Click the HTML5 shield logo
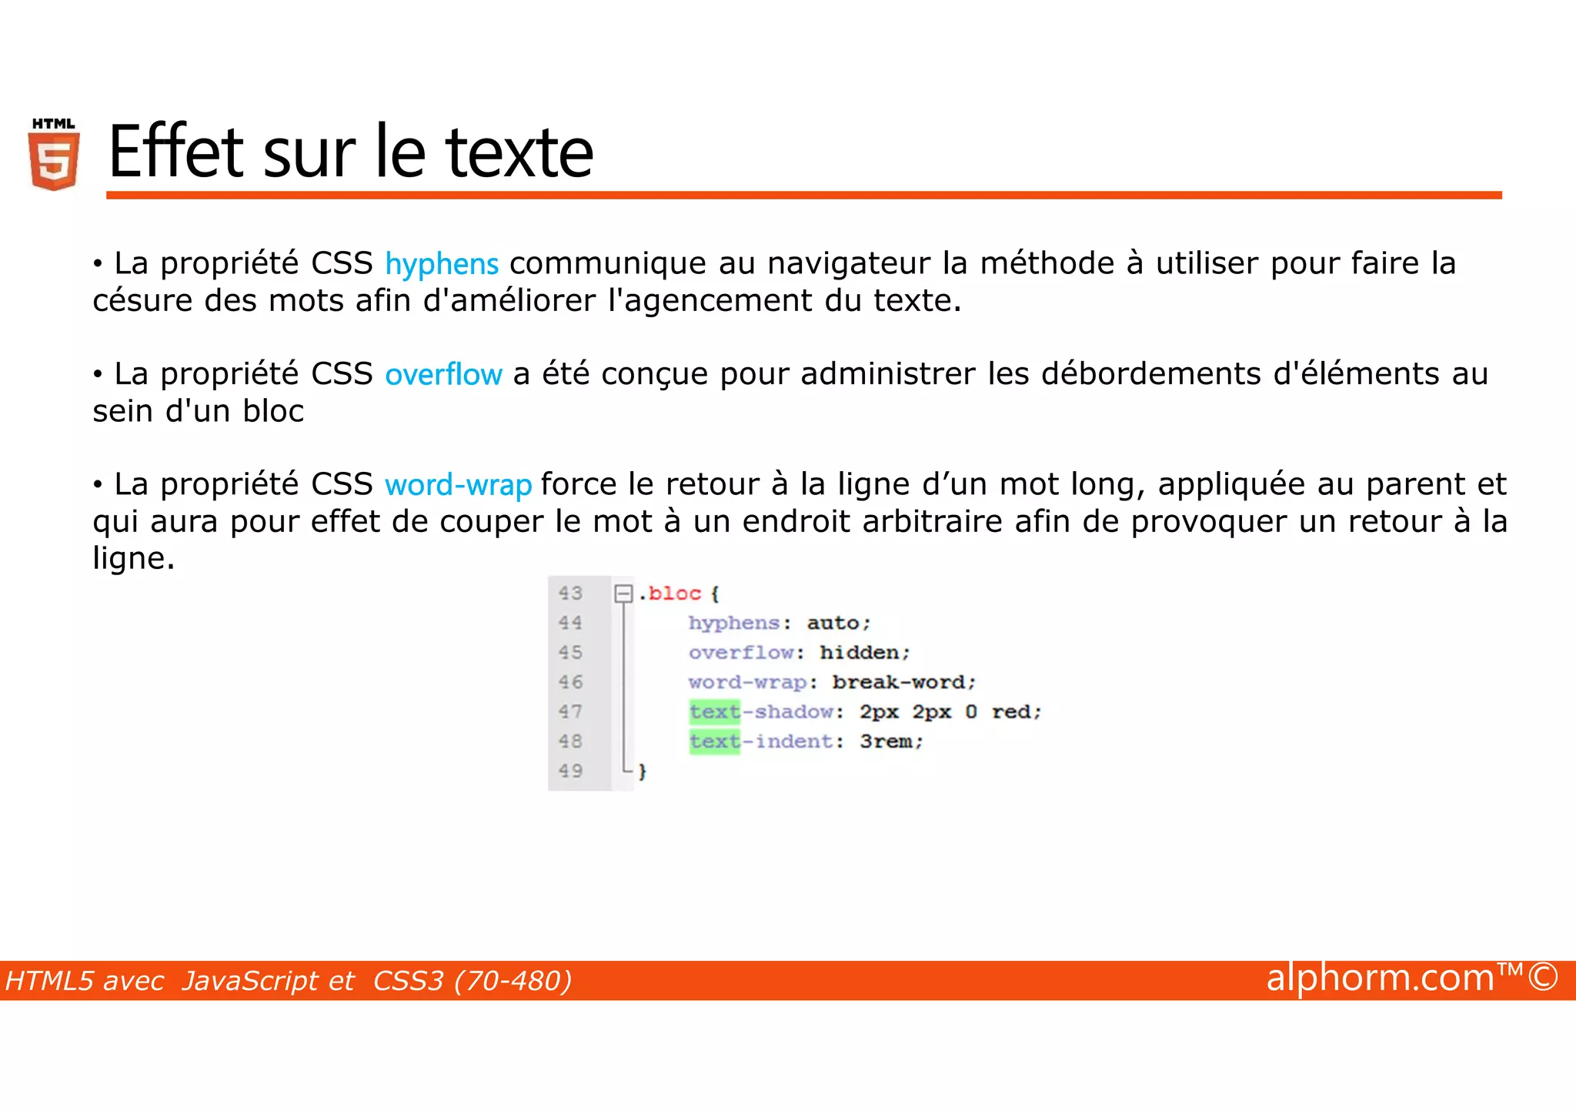(x=54, y=156)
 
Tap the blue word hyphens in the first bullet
(x=442, y=264)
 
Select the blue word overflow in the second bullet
(x=443, y=374)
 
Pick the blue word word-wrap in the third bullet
(x=458, y=485)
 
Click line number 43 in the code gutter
(x=570, y=594)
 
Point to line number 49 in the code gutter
(x=570, y=771)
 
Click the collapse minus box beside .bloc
(x=623, y=594)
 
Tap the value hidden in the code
(x=860, y=653)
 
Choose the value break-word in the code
(x=899, y=682)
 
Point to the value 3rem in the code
(x=886, y=741)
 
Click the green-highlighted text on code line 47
(x=714, y=712)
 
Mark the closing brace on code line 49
(x=643, y=771)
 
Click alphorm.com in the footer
(x=1380, y=978)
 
